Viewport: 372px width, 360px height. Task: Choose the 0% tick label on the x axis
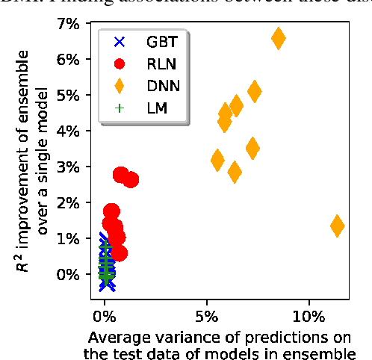click(x=105, y=309)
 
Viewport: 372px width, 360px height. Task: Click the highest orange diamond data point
click(x=279, y=39)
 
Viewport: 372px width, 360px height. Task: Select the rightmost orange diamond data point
click(x=337, y=226)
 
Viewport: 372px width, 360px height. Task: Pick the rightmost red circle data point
click(x=130, y=179)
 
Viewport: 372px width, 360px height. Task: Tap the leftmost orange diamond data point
click(x=217, y=160)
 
